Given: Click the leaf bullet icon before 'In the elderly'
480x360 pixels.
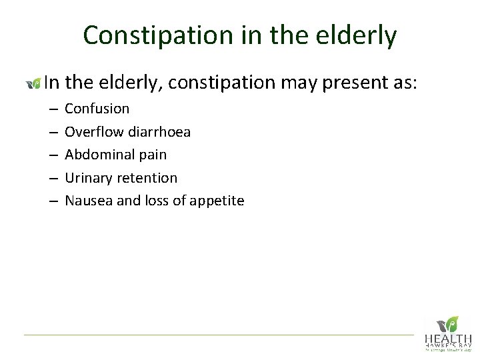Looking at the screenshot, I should (x=33, y=83).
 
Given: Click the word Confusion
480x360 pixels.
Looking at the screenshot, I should (x=97, y=109).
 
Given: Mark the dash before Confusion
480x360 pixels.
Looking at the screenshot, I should (x=52, y=109).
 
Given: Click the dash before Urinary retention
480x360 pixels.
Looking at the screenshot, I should (x=52, y=178).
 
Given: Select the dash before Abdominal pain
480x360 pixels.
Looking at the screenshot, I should (x=52, y=155).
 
